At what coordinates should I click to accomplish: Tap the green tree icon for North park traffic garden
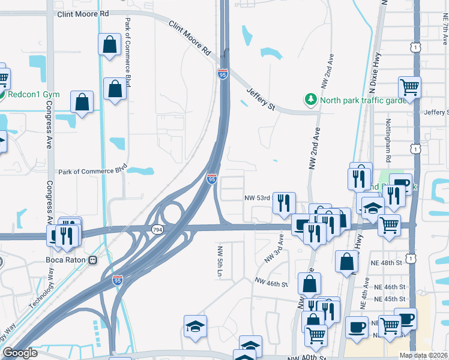click(x=310, y=100)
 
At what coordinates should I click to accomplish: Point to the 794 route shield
click(x=157, y=229)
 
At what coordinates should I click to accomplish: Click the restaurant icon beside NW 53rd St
click(x=284, y=202)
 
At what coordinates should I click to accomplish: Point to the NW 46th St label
click(x=271, y=281)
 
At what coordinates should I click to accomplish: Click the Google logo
click(x=20, y=353)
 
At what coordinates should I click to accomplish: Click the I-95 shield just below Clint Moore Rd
click(x=222, y=74)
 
